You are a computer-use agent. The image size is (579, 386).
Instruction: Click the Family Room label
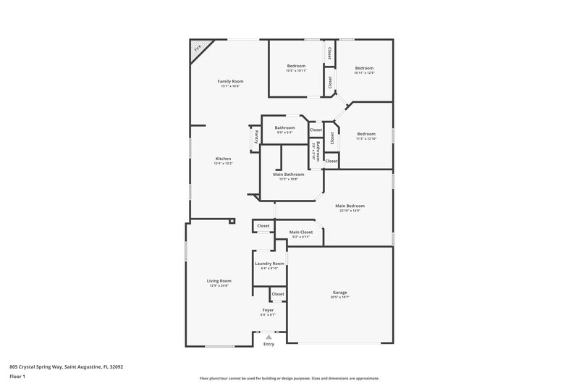(x=229, y=81)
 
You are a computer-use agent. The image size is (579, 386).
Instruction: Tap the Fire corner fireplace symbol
(x=197, y=49)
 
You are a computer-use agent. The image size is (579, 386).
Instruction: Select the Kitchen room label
(x=222, y=159)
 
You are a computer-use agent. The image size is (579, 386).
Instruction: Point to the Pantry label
(x=255, y=136)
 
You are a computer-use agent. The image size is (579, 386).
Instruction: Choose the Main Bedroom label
(x=350, y=206)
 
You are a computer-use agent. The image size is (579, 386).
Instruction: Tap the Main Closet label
(x=300, y=232)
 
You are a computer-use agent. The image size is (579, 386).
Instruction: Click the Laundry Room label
(x=269, y=264)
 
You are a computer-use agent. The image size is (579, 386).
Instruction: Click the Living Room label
(x=219, y=280)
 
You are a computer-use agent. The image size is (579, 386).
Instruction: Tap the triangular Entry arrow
(x=269, y=337)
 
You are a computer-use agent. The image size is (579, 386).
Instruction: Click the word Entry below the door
(x=269, y=345)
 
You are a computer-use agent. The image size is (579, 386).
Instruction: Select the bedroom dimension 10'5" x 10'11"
(x=296, y=71)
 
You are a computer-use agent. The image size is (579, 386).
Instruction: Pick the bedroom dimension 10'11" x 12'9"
(x=363, y=73)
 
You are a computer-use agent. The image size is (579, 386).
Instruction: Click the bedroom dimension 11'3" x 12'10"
(x=365, y=138)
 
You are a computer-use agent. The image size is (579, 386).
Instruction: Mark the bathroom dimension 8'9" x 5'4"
(x=284, y=133)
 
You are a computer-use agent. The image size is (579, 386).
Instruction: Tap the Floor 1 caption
(x=17, y=377)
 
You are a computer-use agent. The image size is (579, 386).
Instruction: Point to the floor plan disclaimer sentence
(x=289, y=378)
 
